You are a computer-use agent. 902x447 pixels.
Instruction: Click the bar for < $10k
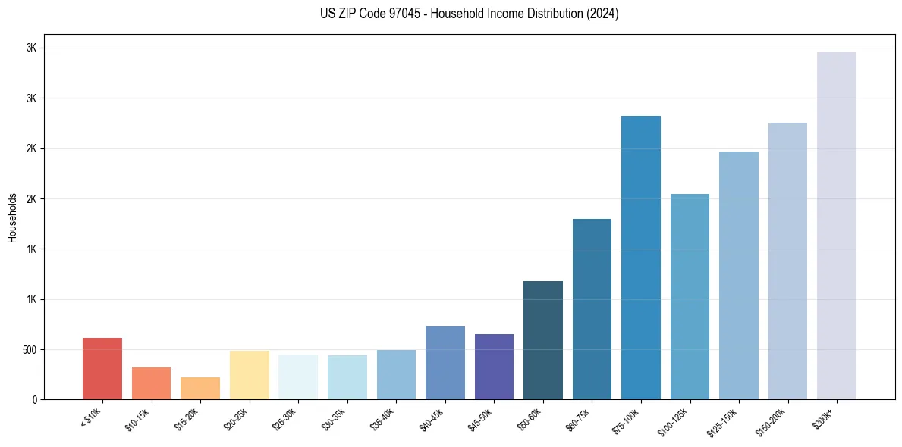point(102,368)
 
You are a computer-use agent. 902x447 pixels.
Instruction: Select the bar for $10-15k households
point(151,383)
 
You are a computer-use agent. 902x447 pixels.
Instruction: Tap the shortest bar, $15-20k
point(200,388)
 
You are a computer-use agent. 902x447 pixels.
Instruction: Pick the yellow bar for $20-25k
point(250,375)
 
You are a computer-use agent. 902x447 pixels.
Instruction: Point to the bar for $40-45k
point(445,362)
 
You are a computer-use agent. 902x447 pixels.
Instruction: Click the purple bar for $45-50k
point(494,367)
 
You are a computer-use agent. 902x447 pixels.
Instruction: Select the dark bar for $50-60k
point(543,340)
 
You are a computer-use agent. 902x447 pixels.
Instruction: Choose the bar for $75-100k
point(641,258)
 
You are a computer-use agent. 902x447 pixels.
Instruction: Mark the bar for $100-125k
point(690,296)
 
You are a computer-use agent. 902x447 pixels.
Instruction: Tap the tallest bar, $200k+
point(837,225)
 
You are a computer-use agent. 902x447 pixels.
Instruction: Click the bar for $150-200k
point(787,261)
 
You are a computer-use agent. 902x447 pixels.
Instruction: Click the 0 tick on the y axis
point(35,400)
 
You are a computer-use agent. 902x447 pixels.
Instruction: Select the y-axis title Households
point(13,217)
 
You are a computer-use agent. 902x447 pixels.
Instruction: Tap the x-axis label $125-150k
point(724,421)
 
